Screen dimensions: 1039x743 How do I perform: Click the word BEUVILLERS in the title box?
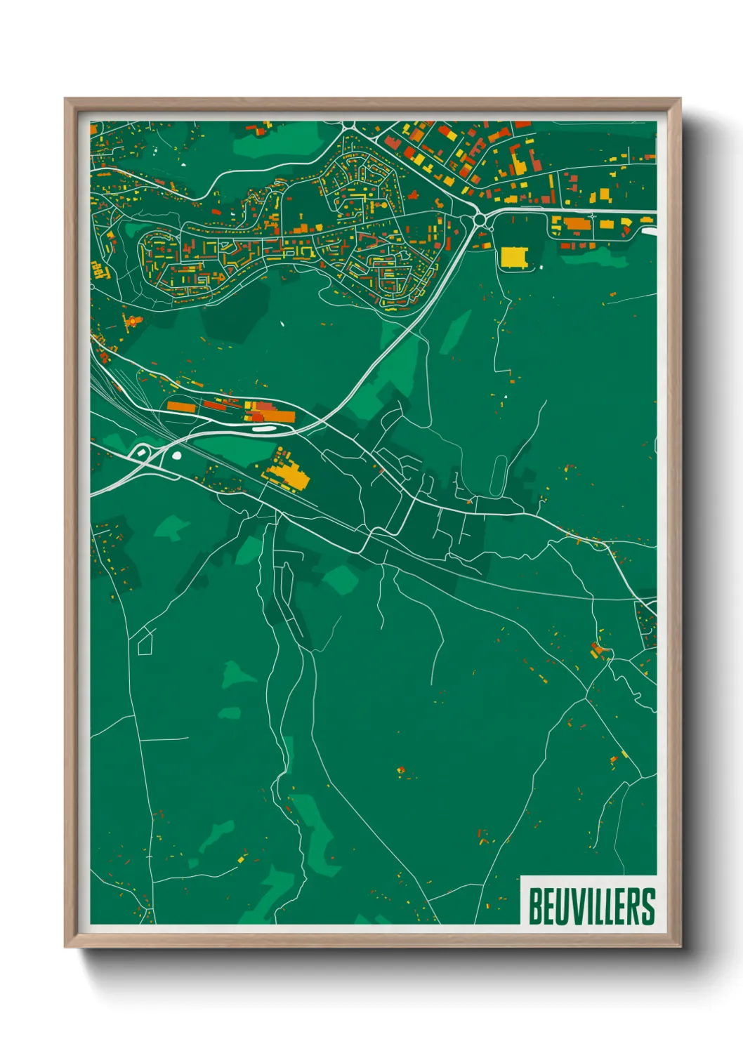(591, 906)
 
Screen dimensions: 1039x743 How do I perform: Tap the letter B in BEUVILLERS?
(535, 906)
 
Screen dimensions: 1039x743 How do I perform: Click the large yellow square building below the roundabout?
(513, 257)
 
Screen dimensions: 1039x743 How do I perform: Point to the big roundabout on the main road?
(480, 220)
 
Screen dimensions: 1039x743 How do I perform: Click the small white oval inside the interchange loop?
(176, 455)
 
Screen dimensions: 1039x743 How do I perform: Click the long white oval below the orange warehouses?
(263, 428)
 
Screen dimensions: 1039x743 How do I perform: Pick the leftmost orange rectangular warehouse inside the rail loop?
(181, 406)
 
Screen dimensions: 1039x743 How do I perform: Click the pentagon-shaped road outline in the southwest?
(145, 642)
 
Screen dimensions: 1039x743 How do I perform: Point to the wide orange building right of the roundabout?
(574, 224)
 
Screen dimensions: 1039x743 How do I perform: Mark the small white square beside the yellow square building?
(541, 267)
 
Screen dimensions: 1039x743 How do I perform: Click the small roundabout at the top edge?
(349, 126)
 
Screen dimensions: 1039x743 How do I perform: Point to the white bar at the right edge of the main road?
(647, 230)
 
